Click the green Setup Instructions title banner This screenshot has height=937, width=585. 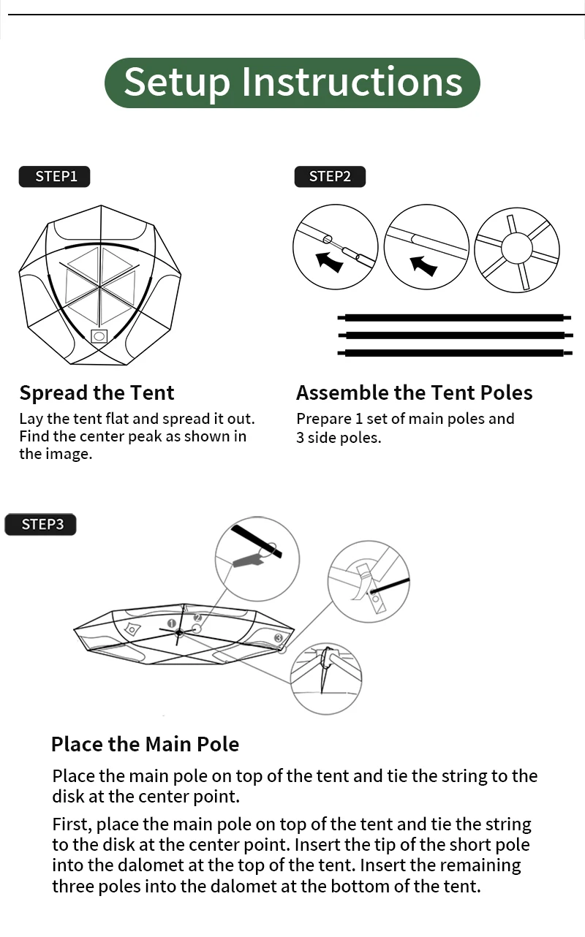(x=292, y=83)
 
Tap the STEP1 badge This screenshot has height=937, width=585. (x=54, y=177)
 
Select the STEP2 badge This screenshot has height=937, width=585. (x=330, y=177)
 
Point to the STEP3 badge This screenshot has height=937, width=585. (x=41, y=524)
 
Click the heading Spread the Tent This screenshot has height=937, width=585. (x=97, y=392)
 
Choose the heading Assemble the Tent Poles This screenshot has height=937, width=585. (x=415, y=392)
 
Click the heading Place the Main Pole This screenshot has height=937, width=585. (x=146, y=744)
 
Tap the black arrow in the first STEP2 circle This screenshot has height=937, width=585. (x=329, y=262)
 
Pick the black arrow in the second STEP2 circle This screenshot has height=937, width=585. (x=423, y=265)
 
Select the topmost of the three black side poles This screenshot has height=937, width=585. (x=454, y=318)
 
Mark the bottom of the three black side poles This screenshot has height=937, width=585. (x=454, y=353)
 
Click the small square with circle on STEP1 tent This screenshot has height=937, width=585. (x=99, y=336)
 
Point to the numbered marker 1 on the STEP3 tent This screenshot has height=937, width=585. (x=171, y=623)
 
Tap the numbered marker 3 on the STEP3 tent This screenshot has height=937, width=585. (x=279, y=638)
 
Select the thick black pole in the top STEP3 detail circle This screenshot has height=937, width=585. (x=257, y=542)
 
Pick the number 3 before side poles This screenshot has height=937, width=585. (x=300, y=438)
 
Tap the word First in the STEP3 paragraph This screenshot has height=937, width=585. (x=72, y=825)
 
